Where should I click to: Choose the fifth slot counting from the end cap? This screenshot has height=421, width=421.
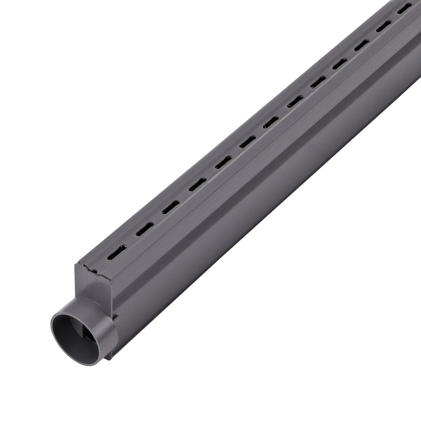pos(223,163)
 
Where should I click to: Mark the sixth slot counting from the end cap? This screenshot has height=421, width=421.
pos(247,142)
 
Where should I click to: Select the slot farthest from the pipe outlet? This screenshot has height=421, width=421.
pos(404,9)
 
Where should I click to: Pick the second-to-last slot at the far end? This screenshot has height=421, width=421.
pos(383,26)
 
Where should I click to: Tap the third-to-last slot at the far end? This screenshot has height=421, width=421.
pos(361,45)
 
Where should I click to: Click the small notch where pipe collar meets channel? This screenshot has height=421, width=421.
pos(114,316)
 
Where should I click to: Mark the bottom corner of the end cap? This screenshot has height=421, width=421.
pos(109,358)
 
